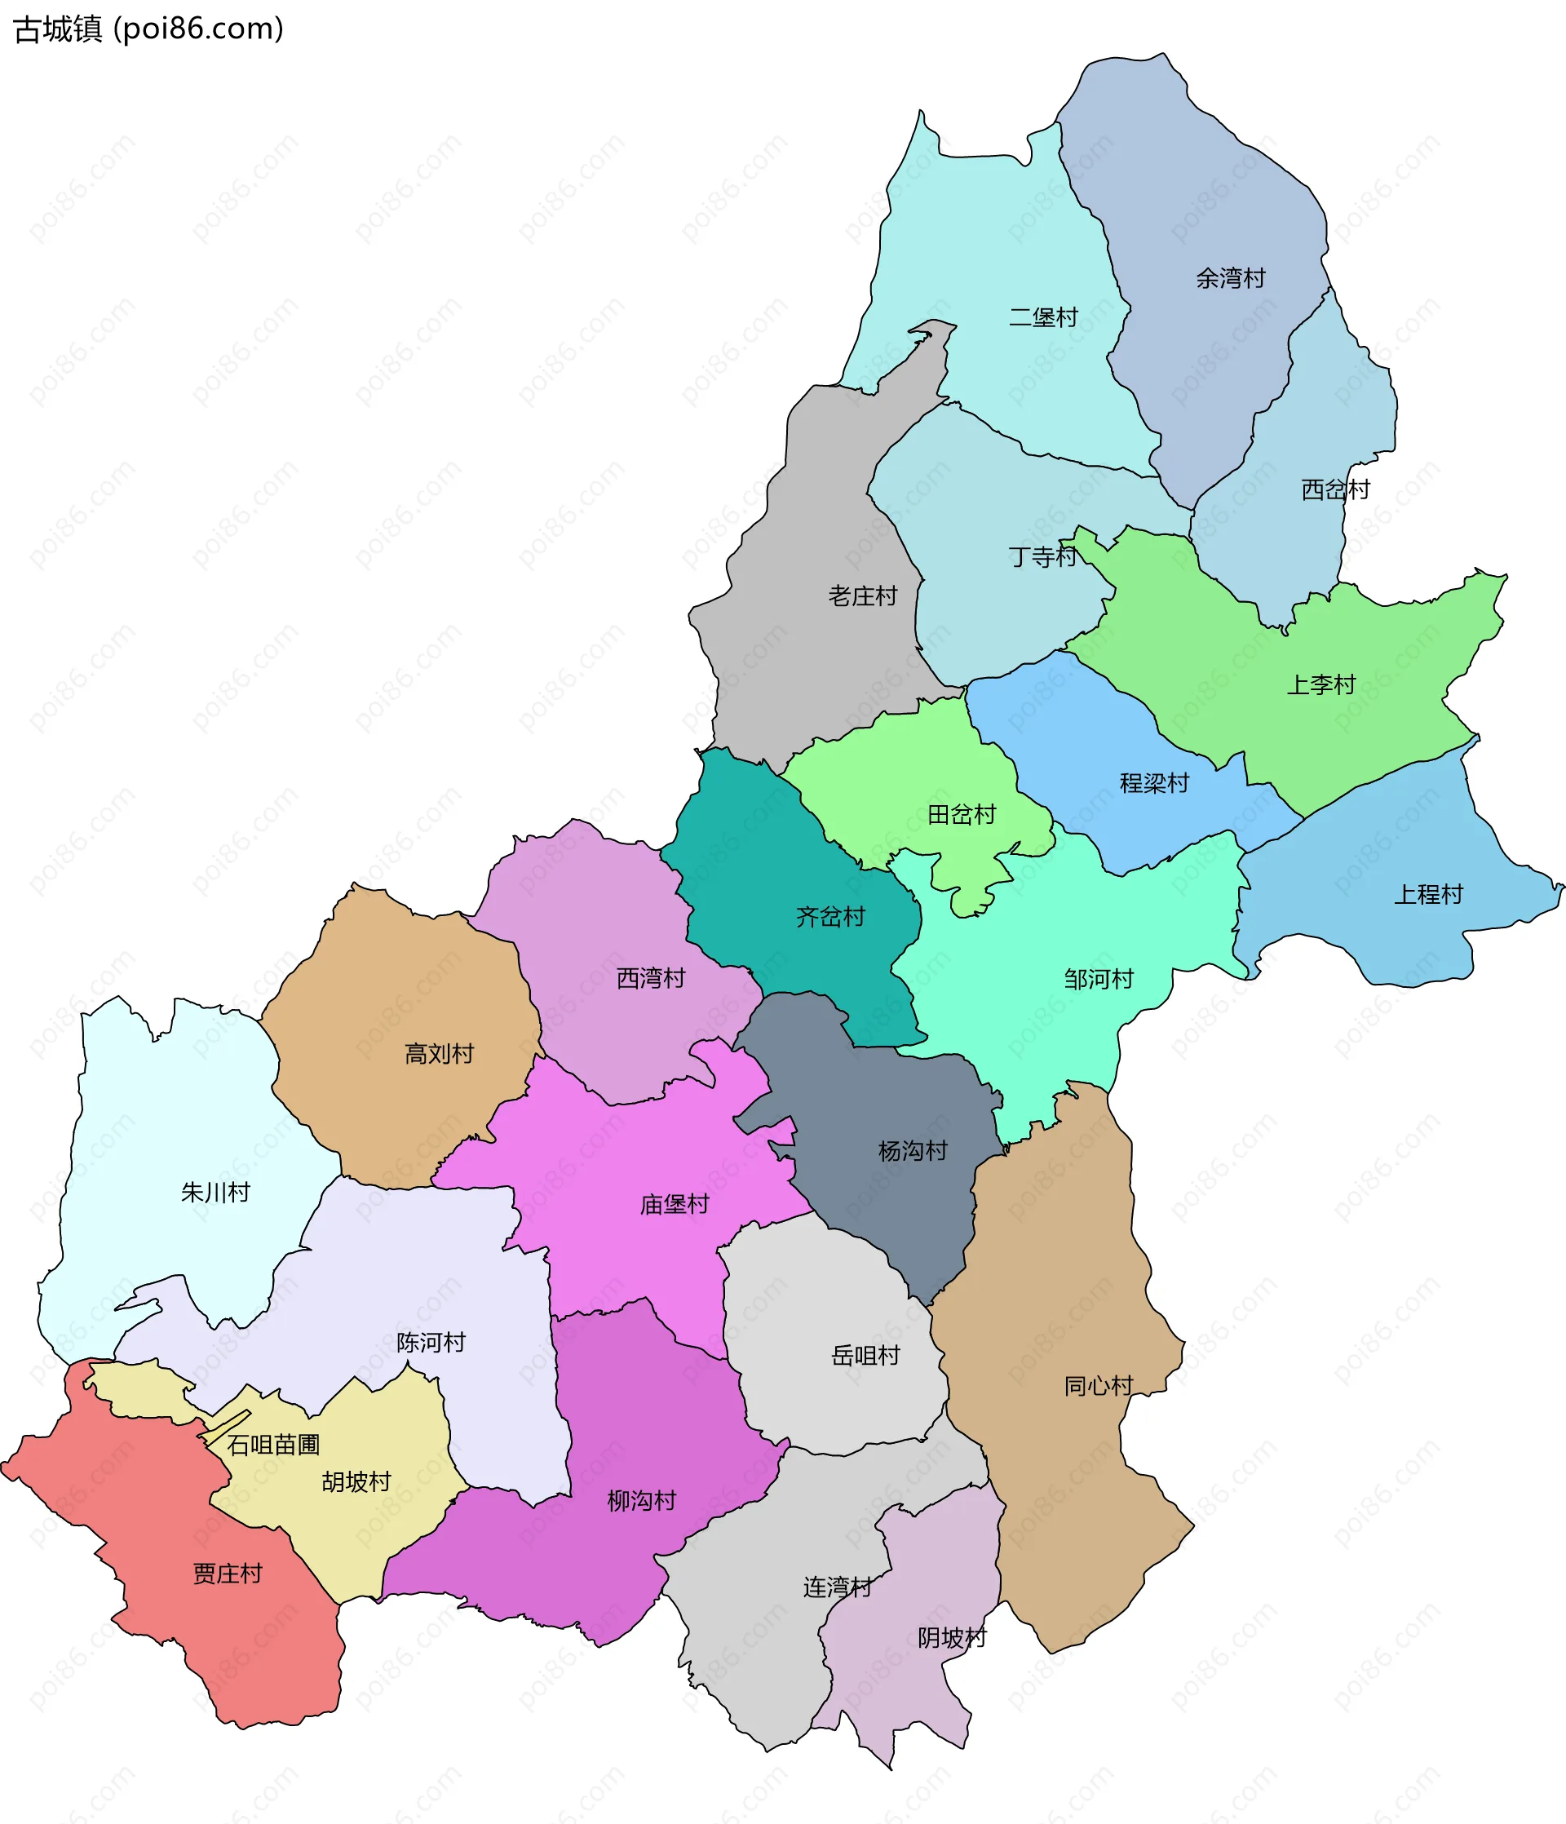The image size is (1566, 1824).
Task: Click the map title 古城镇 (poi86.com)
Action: pos(148,29)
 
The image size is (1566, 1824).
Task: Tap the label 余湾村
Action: pos(1230,278)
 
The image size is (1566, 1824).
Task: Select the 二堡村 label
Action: pos(1043,317)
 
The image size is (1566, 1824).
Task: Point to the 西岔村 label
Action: pos(1335,489)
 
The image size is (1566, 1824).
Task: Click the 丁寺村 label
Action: pos(1042,556)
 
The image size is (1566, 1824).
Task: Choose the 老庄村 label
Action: pos(862,596)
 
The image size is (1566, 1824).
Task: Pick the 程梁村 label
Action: pos(1154,782)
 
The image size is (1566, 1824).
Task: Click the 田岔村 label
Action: pos(962,814)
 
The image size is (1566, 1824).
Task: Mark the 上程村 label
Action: pos(1428,894)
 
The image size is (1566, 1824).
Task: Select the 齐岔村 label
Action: pos(830,916)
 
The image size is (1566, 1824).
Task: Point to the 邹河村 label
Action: pos(1099,979)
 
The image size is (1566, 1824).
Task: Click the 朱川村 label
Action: pos(215,1192)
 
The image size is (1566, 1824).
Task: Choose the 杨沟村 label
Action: pos(912,1150)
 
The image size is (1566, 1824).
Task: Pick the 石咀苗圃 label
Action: pos(273,1445)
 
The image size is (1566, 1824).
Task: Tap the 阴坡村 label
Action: pos(952,1637)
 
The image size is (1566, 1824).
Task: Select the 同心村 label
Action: pos(1098,1386)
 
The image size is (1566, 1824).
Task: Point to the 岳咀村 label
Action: pos(865,1356)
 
